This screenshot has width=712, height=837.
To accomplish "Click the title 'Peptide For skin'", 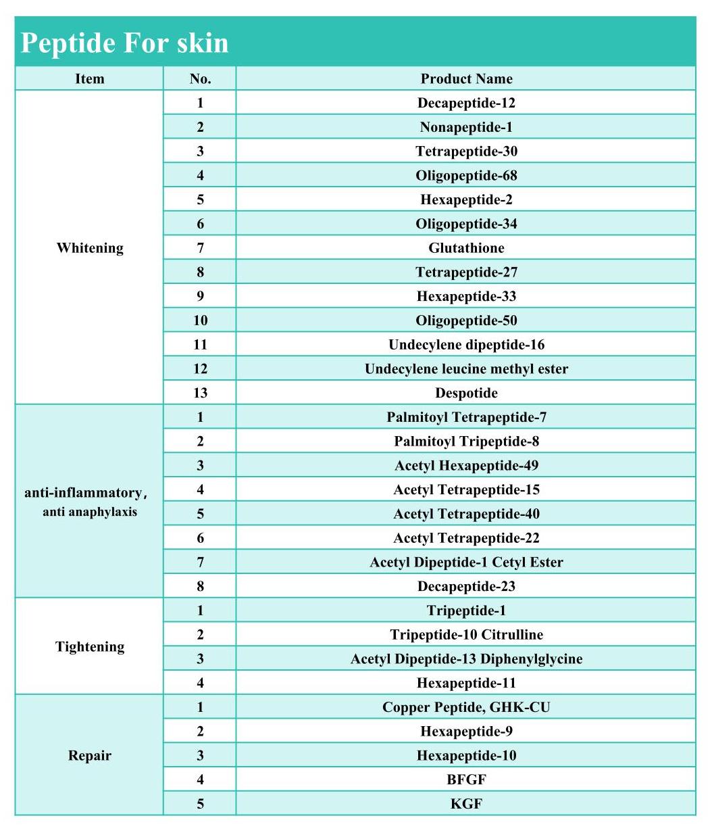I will [125, 43].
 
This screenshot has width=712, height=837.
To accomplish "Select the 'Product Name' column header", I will [466, 78].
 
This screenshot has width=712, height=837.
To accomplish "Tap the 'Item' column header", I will [89, 78].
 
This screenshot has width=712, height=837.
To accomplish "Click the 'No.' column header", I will [200, 78].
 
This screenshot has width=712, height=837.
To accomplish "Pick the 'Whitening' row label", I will [90, 247].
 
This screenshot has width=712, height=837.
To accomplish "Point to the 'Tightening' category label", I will [90, 646].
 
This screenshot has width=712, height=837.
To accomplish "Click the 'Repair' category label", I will [89, 755].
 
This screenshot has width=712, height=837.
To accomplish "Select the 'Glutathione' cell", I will [466, 247].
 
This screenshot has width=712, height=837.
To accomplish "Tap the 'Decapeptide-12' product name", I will [466, 103].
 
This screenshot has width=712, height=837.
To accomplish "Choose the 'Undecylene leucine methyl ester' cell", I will [466, 368].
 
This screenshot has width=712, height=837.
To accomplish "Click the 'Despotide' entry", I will [466, 393].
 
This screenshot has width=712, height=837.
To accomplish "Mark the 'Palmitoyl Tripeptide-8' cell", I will [466, 441].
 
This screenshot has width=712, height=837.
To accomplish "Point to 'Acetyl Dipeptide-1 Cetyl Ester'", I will [466, 562].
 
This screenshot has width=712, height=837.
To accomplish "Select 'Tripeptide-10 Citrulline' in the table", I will [466, 634].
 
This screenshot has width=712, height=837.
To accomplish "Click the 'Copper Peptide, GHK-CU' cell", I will [466, 707].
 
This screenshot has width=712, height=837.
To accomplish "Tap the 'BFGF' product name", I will [466, 780].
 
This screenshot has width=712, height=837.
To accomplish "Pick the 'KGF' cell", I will [466, 804].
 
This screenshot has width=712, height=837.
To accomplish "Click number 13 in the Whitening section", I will [200, 393].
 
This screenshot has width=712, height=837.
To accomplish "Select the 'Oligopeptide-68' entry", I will [466, 175].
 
